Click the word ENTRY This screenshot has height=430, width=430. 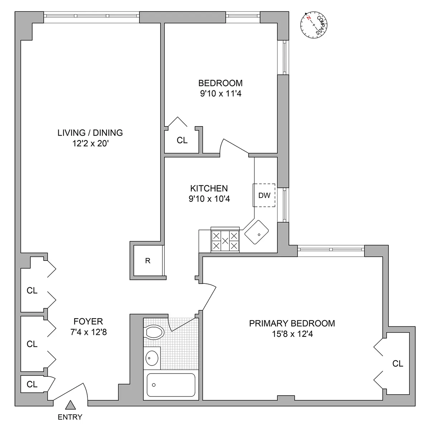[70, 417]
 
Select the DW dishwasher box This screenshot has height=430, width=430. [264, 195]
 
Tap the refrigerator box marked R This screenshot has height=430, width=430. [147, 261]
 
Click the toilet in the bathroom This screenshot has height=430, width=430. [154, 332]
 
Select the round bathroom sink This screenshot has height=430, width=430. [152, 357]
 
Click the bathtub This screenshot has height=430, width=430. [171, 385]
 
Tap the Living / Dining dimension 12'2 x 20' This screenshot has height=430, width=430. [90, 144]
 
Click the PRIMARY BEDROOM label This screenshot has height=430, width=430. [292, 323]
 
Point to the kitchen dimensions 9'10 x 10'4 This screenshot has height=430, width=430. [209, 199]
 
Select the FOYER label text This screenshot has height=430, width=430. [88, 321]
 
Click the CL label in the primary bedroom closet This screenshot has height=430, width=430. [398, 364]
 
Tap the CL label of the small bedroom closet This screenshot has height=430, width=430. [182, 140]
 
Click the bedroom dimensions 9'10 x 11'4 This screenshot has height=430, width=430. [220, 94]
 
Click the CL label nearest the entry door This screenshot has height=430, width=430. [32, 384]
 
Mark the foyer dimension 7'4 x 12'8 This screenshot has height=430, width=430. [88, 332]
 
